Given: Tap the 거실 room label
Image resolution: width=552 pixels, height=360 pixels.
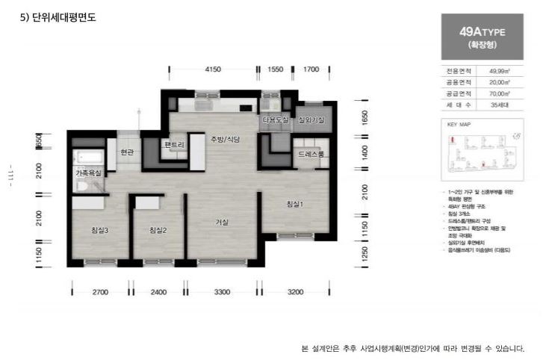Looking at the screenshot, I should coord(222,222).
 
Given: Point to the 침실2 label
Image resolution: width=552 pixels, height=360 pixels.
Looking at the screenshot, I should coord(158,230).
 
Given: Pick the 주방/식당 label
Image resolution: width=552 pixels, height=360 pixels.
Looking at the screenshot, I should coord(224,140).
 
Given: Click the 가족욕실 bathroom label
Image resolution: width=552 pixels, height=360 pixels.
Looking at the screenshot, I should coord(88,173).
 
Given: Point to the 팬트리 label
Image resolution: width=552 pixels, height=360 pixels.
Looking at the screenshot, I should coord(175,144).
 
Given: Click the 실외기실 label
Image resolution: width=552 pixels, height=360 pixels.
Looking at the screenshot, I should coord(311,120).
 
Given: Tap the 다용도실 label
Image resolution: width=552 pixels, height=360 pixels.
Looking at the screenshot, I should coord(275,120).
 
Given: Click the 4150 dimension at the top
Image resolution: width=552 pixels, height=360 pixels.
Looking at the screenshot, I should coord(213,69).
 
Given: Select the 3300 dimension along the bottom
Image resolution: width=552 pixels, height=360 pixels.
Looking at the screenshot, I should coord(222,292).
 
